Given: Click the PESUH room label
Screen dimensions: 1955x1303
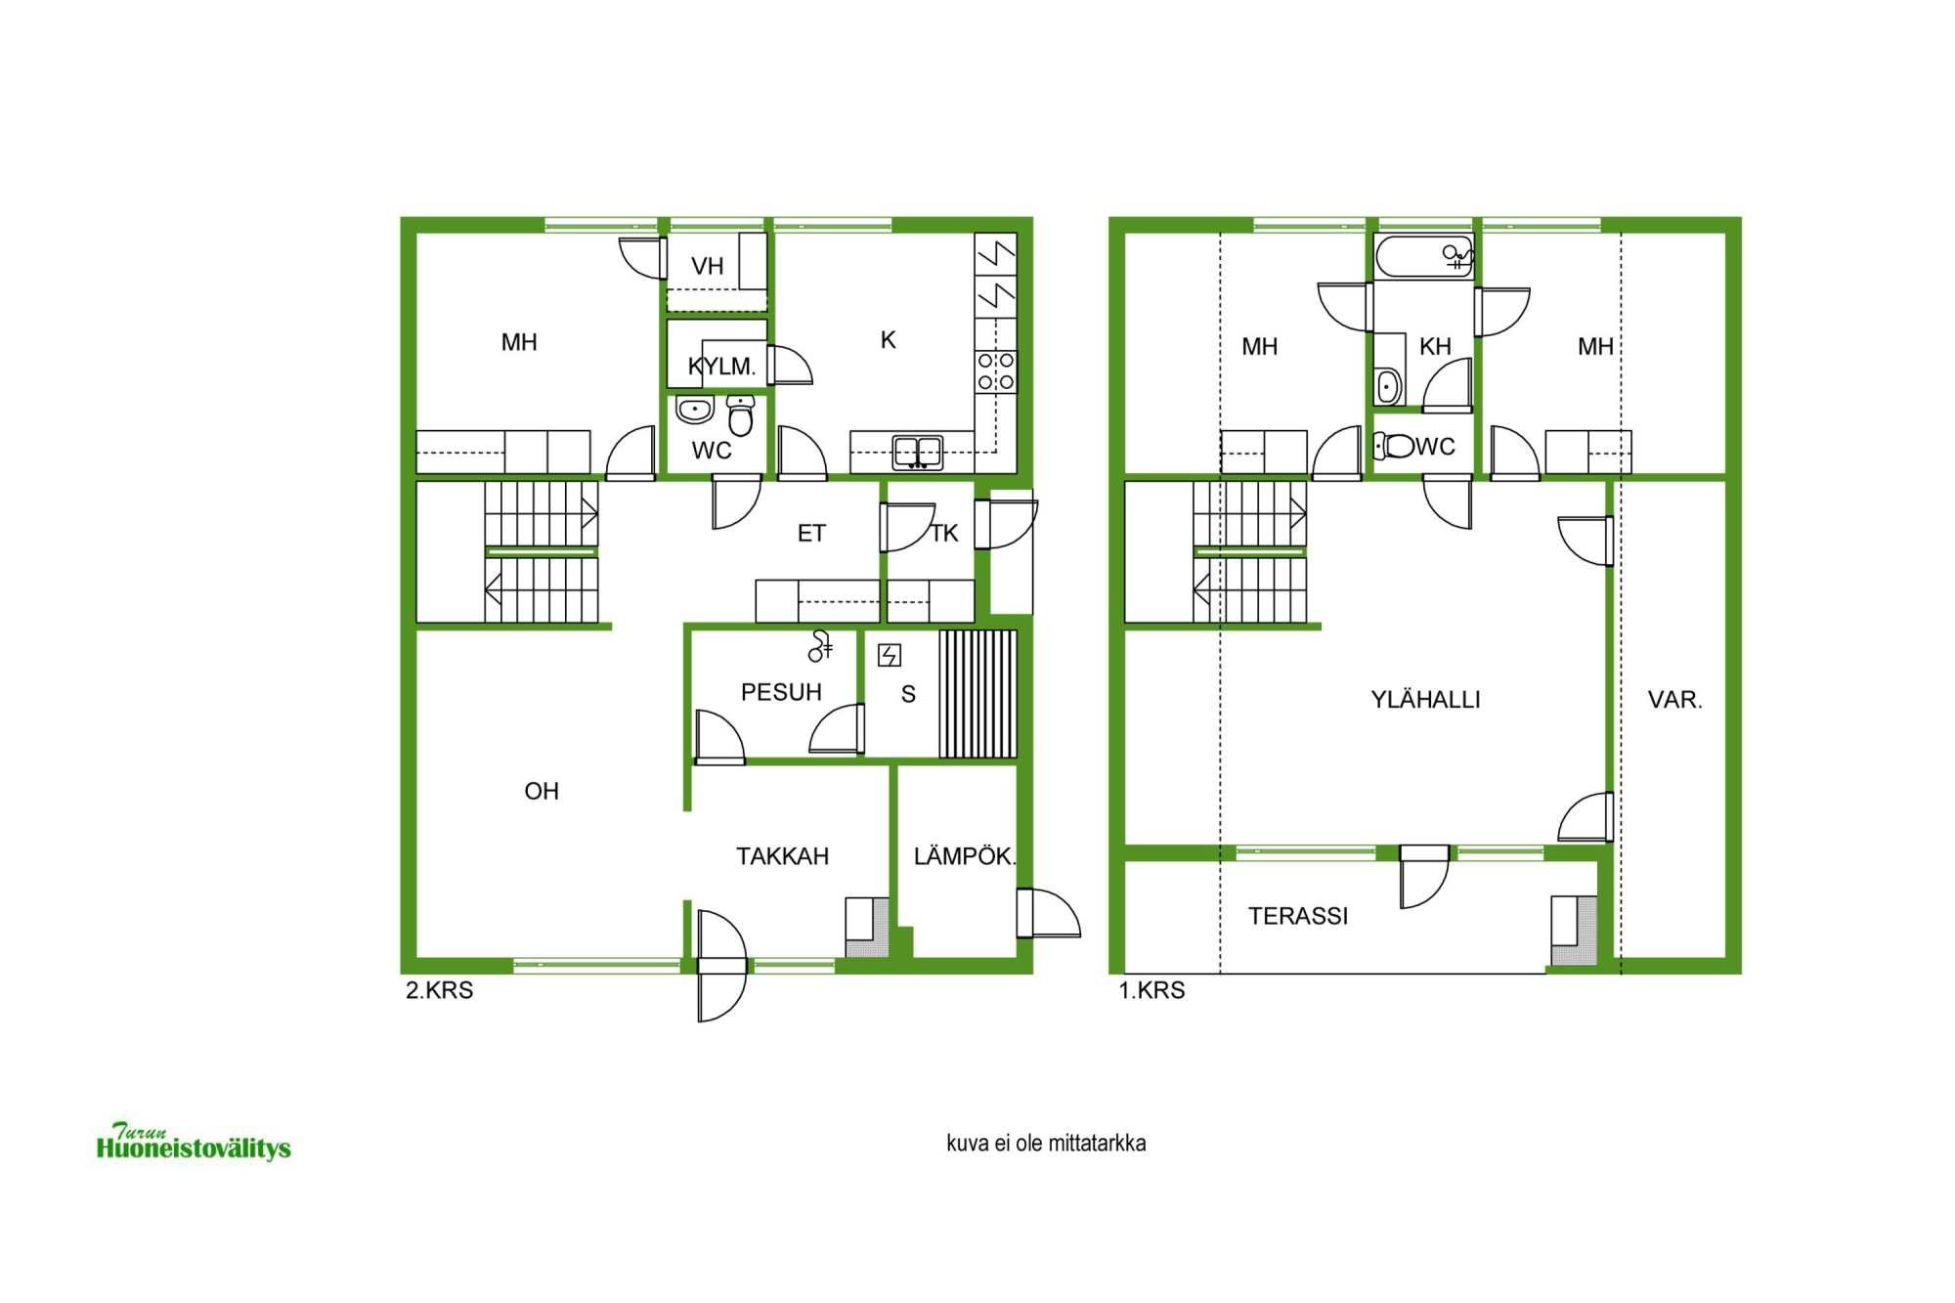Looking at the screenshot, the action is pyautogui.click(x=781, y=692).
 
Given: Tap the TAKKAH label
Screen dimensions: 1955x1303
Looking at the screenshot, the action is pyautogui.click(x=782, y=856).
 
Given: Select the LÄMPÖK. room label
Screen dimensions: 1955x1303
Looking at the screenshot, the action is pyautogui.click(x=965, y=856).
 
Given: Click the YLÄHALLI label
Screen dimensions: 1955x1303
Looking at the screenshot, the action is pyautogui.click(x=1425, y=699).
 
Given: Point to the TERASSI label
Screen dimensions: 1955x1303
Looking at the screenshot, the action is pyautogui.click(x=1298, y=916).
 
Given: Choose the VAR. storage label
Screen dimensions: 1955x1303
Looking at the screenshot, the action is pyautogui.click(x=1674, y=700).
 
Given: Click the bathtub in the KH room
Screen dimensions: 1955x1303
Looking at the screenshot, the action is pyautogui.click(x=1424, y=257).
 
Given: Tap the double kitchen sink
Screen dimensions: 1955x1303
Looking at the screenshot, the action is pyautogui.click(x=918, y=453).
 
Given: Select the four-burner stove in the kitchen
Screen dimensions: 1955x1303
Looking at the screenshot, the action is pyautogui.click(x=996, y=371).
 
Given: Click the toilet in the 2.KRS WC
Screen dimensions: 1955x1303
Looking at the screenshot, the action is pyautogui.click(x=741, y=416).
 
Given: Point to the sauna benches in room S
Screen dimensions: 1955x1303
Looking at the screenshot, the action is pyautogui.click(x=977, y=694).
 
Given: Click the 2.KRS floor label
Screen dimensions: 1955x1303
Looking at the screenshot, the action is pyautogui.click(x=439, y=990).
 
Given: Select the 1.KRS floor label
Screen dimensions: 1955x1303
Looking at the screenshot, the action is pyautogui.click(x=1151, y=990).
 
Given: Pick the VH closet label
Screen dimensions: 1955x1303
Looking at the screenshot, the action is pyautogui.click(x=707, y=266).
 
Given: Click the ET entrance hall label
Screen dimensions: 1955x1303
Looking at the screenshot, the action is pyautogui.click(x=811, y=533).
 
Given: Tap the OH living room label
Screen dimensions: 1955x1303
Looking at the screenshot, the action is pyautogui.click(x=542, y=791).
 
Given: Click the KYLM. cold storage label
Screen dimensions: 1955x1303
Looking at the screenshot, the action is pyautogui.click(x=721, y=367).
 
